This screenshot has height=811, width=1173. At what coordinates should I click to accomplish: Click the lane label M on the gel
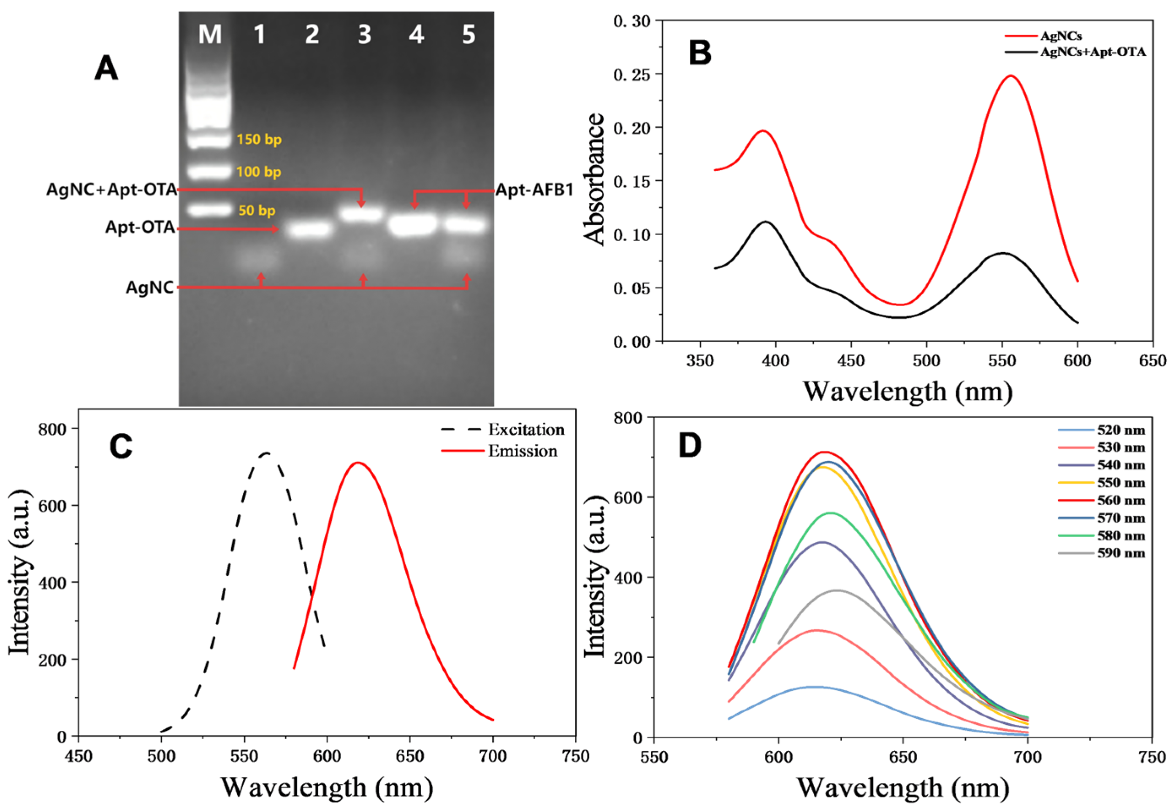[210, 35]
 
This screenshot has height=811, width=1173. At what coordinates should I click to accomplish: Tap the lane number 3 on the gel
[364, 35]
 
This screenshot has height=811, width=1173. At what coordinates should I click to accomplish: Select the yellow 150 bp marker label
[259, 139]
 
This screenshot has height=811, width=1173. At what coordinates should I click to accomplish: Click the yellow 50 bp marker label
[257, 210]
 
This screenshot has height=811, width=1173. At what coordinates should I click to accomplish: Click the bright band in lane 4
[413, 225]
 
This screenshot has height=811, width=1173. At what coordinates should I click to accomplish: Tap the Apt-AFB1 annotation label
[534, 190]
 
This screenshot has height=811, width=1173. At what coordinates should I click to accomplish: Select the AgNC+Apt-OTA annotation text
[112, 190]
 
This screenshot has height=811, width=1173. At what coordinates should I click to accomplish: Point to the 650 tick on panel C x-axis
[409, 757]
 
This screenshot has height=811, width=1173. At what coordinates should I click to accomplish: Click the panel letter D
[690, 446]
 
